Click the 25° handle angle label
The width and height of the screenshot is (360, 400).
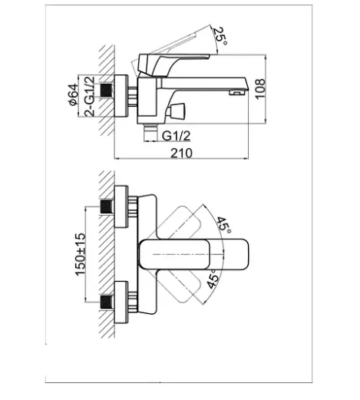220,35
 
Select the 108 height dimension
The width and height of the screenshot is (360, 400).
260,89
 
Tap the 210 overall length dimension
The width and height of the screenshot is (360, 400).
181,153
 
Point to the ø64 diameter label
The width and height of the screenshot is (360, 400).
73,94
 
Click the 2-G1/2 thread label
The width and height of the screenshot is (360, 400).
89,96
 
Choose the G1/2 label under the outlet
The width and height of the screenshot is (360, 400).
177,136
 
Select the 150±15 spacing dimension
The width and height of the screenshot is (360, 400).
81,254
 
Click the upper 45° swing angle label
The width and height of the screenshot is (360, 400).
223,225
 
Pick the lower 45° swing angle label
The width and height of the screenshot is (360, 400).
213,279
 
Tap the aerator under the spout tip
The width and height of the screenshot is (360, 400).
236,92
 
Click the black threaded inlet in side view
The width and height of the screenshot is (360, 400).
107,90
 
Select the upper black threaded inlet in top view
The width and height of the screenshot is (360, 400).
107,207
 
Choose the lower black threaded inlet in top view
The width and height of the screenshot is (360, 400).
107,302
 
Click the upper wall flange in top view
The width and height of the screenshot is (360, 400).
121,207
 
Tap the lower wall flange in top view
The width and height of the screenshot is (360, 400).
121,302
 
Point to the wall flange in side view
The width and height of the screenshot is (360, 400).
121,96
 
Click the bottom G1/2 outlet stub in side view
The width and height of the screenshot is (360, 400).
150,132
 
